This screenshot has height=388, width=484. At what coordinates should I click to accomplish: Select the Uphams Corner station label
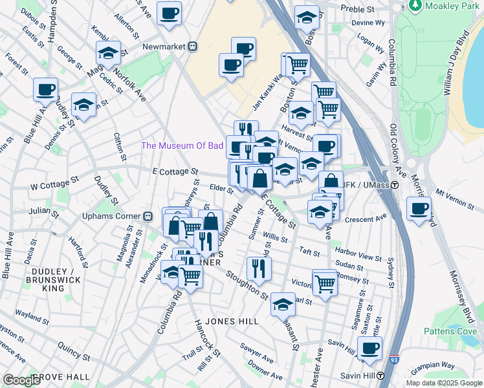pyautogui.click(x=111, y=215)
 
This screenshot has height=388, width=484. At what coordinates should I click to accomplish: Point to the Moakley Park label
pyautogui.click(x=448, y=6)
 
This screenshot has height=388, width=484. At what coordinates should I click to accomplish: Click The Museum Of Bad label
pyautogui.click(x=182, y=145)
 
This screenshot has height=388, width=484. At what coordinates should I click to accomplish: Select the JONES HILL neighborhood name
pyautogui.click(x=232, y=321)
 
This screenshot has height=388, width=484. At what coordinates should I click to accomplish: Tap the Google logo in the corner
pyautogui.click(x=22, y=380)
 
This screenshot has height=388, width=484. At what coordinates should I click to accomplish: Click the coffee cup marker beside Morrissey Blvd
pyautogui.click(x=419, y=209)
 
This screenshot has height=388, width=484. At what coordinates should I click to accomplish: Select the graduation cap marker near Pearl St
pyautogui.click(x=283, y=304)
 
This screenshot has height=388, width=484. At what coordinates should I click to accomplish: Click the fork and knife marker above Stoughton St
pyautogui.click(x=259, y=268)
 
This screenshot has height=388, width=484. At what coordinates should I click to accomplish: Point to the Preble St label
pyautogui.click(x=362, y=10)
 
